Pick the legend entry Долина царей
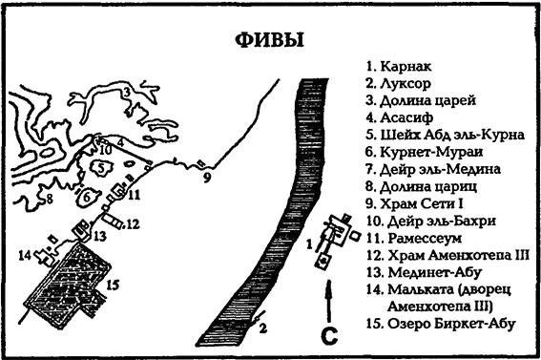click(420, 100)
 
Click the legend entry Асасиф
click(399, 117)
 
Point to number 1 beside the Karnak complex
click(309, 243)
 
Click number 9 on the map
click(205, 177)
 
